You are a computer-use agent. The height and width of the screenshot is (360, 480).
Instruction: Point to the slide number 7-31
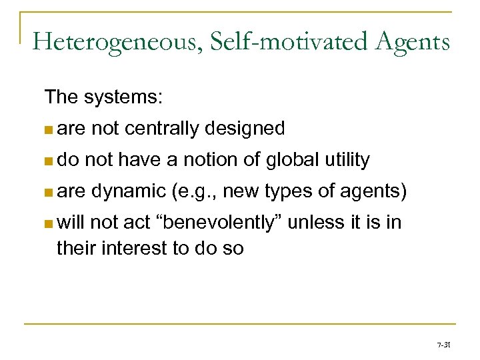pos(444,346)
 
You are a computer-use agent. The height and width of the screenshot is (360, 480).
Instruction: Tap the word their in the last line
pos(75,248)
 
